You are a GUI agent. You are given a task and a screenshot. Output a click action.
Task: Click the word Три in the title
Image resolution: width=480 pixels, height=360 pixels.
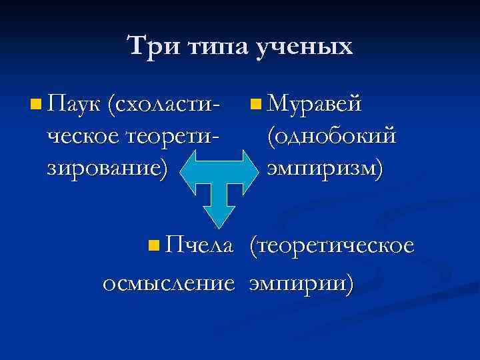pyautogui.click(x=149, y=46)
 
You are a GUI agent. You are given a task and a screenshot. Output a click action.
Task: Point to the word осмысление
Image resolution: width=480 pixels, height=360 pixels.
pyautogui.click(x=169, y=283)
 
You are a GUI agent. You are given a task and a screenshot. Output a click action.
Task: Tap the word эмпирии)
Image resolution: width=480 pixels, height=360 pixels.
pyautogui.click(x=301, y=283)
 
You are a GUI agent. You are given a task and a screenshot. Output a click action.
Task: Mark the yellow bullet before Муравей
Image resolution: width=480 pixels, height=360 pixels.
pyautogui.click(x=256, y=104)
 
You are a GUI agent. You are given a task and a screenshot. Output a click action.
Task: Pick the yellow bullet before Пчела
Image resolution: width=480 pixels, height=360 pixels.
pyautogui.click(x=155, y=247)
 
